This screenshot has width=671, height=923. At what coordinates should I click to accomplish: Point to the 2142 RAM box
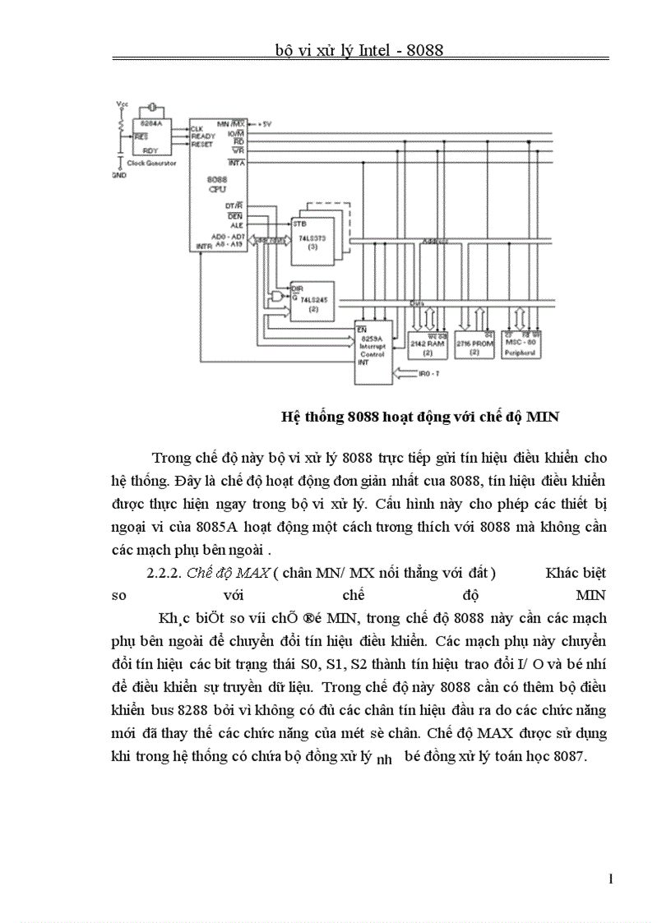click(428, 344)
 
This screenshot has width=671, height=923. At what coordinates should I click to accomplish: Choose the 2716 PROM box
click(474, 344)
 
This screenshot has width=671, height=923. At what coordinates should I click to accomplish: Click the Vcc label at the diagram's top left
click(123, 104)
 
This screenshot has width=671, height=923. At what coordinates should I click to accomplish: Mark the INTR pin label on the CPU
click(201, 246)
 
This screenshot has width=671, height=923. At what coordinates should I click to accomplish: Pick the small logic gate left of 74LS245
click(275, 295)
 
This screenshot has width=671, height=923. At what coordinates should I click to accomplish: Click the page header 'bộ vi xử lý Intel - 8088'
click(359, 50)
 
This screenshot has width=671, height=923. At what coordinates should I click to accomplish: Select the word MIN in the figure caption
click(543, 417)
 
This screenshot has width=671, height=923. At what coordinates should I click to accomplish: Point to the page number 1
click(610, 879)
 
